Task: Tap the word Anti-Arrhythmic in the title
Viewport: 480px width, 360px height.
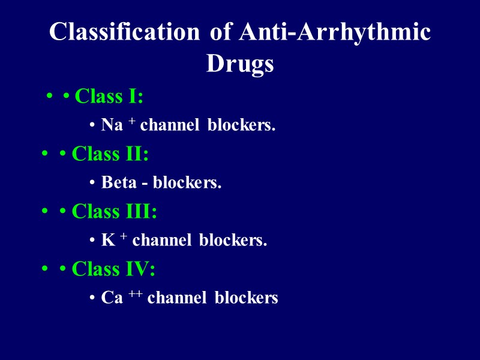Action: pyautogui.click(x=334, y=32)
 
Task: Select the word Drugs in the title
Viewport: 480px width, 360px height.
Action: pyautogui.click(x=240, y=63)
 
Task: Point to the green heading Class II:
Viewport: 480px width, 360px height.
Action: pyautogui.click(x=110, y=154)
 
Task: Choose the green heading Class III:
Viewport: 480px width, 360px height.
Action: pyautogui.click(x=115, y=211)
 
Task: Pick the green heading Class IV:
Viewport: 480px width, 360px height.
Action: pyautogui.click(x=113, y=269)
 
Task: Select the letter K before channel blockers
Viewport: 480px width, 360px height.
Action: pyautogui.click(x=107, y=241)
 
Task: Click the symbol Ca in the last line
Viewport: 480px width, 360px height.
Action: pyautogui.click(x=112, y=298)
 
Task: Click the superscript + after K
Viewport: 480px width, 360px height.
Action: pyautogui.click(x=122, y=236)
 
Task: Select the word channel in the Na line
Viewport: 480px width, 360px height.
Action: pyautogui.click(x=170, y=125)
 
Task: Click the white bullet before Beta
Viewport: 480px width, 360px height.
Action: pyautogui.click(x=91, y=183)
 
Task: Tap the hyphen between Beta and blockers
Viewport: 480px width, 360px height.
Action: pyautogui.click(x=145, y=184)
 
